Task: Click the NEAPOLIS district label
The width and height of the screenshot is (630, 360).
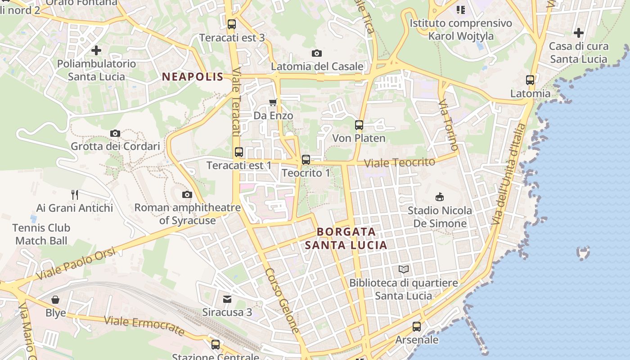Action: point(193,76)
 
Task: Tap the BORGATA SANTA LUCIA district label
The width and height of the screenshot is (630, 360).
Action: point(346,238)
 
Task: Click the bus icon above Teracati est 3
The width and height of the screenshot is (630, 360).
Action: point(232,24)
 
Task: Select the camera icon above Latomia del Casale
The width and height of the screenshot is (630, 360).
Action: point(317,53)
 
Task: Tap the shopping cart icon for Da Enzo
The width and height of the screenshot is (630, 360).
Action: point(273,103)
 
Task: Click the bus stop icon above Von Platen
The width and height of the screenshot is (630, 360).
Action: point(359,125)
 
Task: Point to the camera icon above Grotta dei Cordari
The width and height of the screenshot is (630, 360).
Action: point(115,133)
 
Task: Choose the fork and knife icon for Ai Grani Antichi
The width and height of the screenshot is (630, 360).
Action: point(75,195)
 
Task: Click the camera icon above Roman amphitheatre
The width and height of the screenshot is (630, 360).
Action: point(187,194)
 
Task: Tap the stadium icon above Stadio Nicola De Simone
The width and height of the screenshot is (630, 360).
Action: point(440,197)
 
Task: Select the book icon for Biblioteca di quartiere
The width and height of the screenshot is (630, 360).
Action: point(404,270)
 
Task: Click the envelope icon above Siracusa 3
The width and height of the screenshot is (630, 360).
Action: point(227,299)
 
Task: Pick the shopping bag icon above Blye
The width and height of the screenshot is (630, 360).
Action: point(55,300)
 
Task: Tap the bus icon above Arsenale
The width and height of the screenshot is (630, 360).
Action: point(417,327)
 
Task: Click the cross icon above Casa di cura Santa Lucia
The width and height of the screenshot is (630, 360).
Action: point(579,33)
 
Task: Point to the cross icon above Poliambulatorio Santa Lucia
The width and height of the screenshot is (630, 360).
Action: point(96,50)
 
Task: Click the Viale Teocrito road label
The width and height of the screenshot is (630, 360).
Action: point(400,162)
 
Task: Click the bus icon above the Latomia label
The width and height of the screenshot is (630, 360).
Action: point(530,80)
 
